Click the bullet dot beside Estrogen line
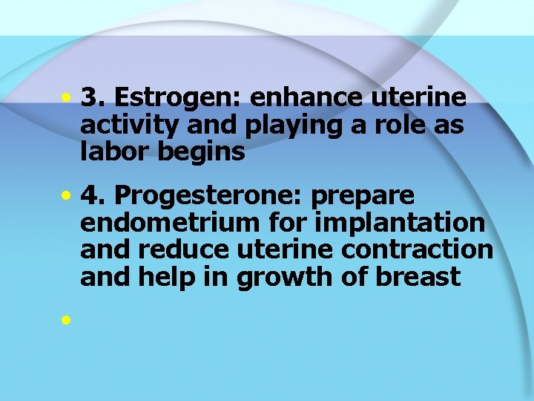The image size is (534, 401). pos(67,98)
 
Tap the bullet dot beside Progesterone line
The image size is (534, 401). pos(67,196)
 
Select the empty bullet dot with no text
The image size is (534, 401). pos(67,320)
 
